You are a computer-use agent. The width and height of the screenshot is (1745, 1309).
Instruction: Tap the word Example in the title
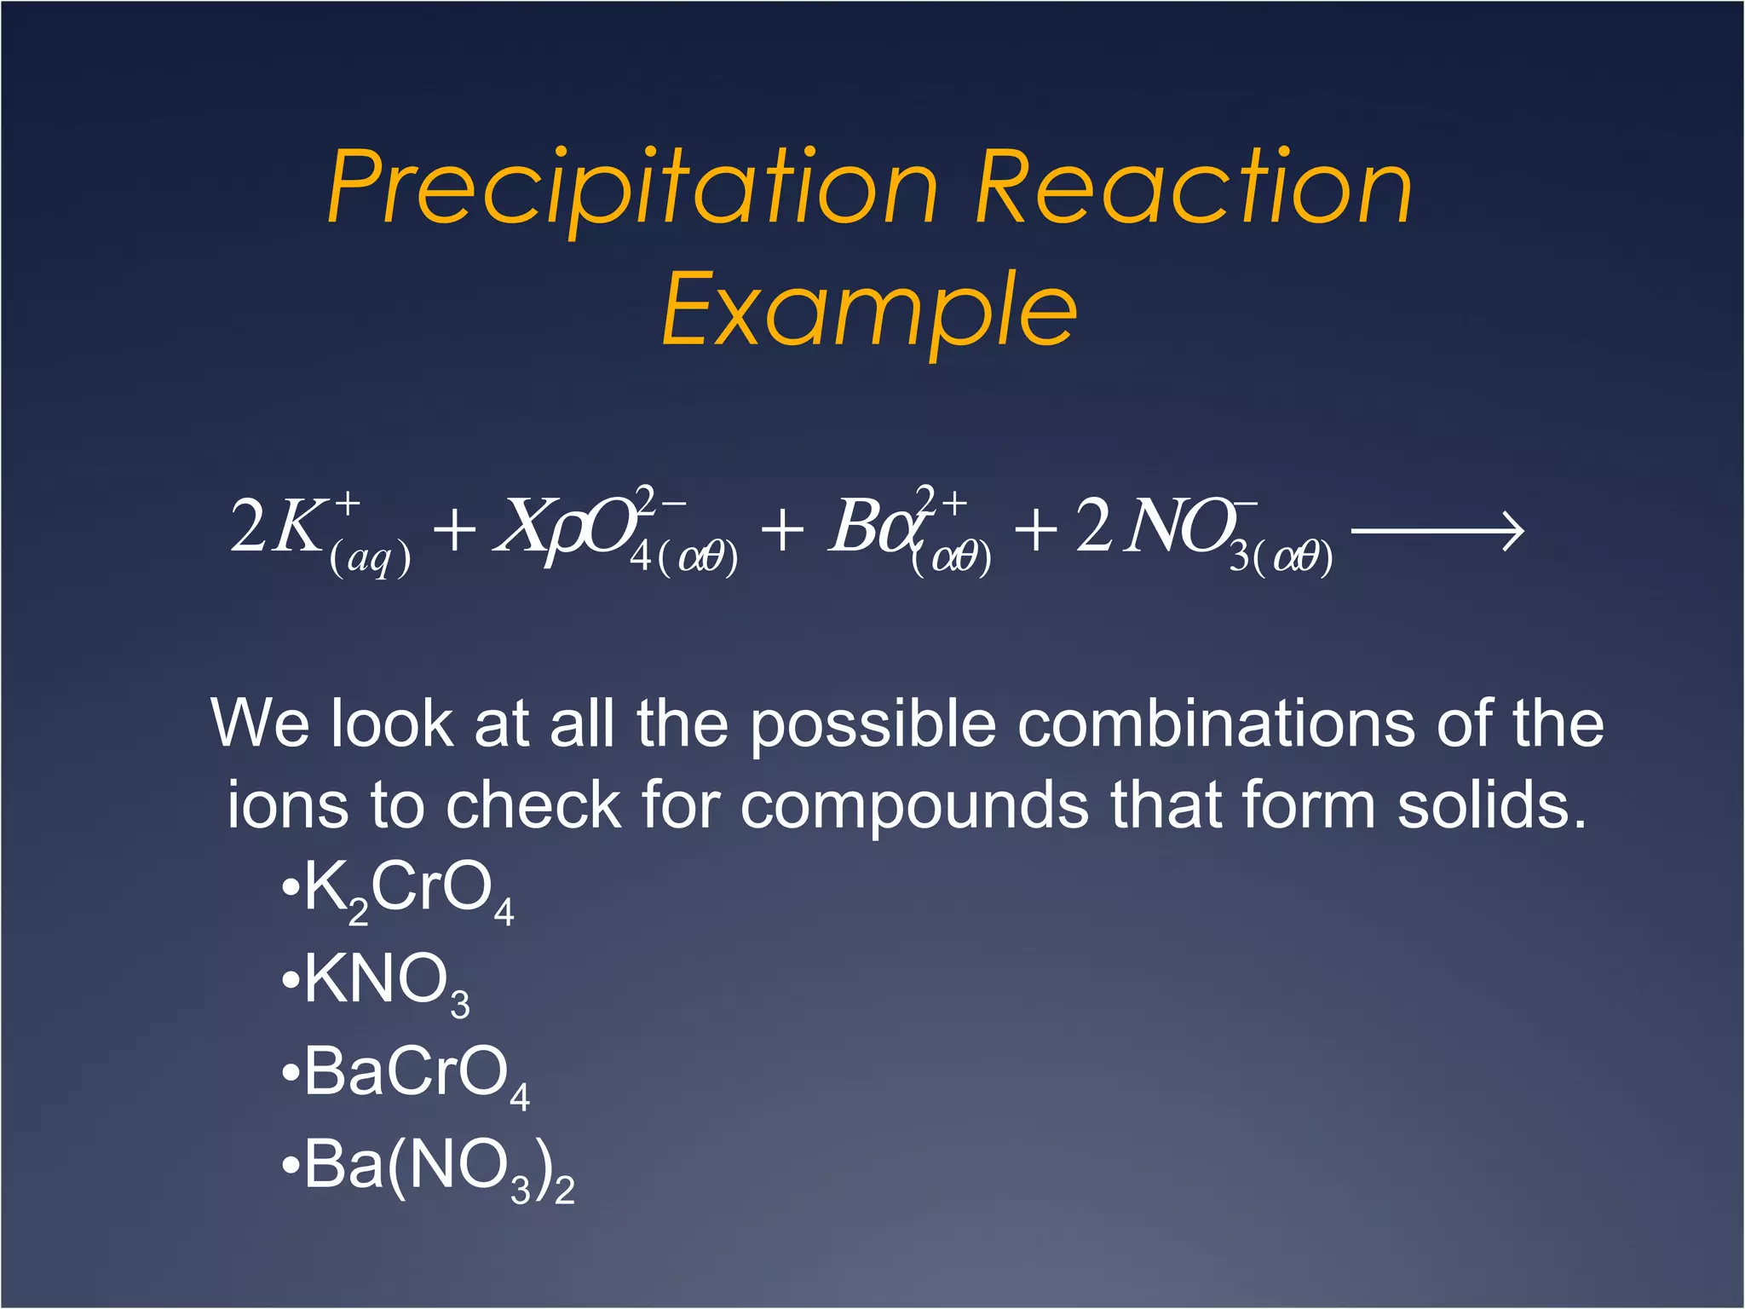(x=869, y=309)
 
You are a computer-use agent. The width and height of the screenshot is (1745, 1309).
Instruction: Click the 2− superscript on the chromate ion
(x=661, y=499)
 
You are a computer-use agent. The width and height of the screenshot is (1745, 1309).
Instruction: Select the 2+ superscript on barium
(x=941, y=500)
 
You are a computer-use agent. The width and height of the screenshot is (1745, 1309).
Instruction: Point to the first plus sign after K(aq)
(x=454, y=530)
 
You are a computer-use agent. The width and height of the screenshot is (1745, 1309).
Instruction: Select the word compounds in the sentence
(x=914, y=806)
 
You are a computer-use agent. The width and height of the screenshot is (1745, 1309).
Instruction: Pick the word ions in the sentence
(x=287, y=804)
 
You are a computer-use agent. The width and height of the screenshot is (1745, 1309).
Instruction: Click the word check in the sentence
(x=533, y=804)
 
